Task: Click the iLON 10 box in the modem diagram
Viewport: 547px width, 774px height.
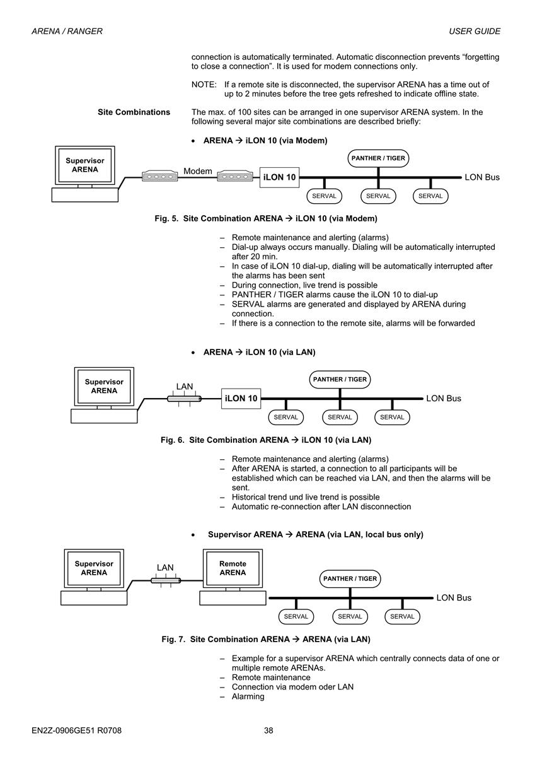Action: [279, 177]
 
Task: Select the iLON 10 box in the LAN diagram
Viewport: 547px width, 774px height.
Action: [241, 399]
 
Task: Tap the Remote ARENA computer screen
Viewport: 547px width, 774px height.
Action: [233, 568]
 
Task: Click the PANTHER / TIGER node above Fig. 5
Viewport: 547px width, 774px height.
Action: [378, 158]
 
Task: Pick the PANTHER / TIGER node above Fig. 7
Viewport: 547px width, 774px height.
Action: [350, 578]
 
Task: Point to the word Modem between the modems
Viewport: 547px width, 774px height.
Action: [198, 171]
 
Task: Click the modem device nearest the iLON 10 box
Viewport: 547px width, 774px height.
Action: [235, 176]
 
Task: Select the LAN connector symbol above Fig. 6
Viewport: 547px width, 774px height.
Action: [184, 399]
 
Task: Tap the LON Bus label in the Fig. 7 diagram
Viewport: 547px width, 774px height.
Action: [454, 597]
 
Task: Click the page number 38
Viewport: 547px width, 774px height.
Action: [268, 730]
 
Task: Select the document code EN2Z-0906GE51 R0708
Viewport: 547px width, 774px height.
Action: [77, 730]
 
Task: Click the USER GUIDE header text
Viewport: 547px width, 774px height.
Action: [475, 31]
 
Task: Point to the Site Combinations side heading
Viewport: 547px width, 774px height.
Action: [134, 112]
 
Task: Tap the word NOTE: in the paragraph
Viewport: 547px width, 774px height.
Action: [204, 85]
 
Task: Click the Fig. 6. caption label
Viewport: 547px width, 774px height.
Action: [173, 440]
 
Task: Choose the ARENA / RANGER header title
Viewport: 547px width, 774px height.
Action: [67, 31]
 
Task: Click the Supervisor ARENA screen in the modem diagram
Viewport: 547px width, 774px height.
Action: [85, 165]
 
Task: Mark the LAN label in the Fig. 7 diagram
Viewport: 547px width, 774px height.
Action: [165, 567]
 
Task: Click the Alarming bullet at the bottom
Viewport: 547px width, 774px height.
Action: [248, 696]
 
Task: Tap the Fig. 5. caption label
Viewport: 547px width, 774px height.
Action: [166, 218]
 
